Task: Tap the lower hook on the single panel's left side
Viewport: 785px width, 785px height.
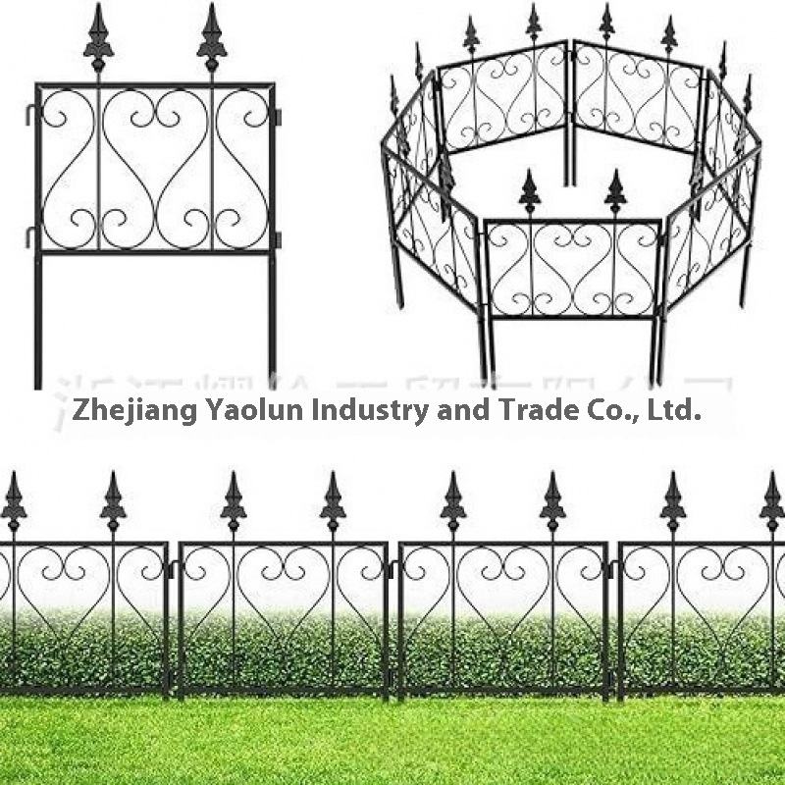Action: click(32, 236)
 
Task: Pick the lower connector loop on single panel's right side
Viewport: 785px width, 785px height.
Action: click(279, 238)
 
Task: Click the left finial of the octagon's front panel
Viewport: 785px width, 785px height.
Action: click(529, 191)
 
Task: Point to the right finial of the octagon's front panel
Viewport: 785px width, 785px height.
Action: click(614, 191)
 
